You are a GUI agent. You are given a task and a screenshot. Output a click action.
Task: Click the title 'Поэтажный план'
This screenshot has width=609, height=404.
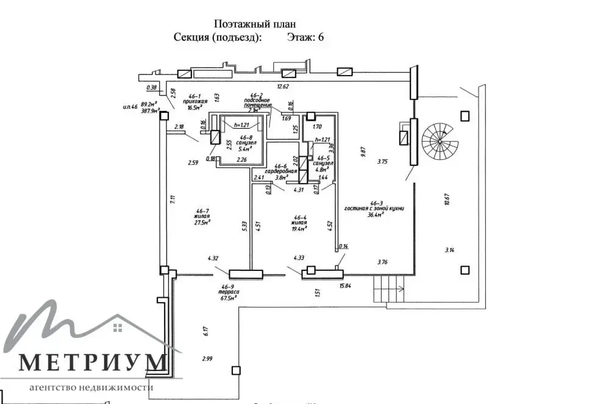(255, 24)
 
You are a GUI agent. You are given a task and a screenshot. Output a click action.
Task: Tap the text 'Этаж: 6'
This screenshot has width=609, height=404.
(305, 37)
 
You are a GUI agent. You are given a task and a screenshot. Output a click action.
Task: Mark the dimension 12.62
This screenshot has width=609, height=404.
(283, 87)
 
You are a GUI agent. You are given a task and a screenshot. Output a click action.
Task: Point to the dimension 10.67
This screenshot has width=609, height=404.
(447, 199)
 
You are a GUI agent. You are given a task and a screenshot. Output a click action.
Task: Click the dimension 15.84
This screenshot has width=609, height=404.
(346, 285)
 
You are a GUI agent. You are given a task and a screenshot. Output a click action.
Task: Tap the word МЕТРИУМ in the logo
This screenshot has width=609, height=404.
(93, 363)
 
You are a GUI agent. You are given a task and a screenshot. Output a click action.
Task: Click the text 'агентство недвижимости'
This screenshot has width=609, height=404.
(91, 388)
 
